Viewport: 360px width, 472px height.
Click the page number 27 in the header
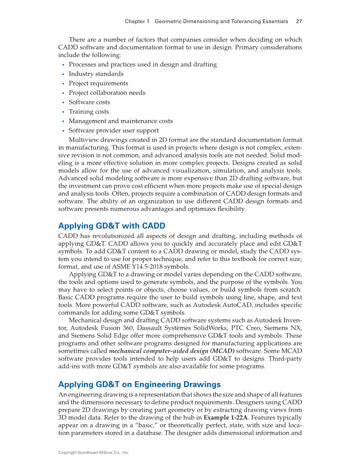tap(299, 21)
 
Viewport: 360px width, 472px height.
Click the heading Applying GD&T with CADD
tap(112, 225)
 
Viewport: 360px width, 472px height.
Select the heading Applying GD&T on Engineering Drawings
tap(139, 385)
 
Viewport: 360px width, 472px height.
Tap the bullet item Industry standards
tap(90, 74)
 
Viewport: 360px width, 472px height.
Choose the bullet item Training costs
tap(89, 112)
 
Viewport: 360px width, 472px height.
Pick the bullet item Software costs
tap(89, 102)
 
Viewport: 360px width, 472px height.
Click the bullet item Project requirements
tap(98, 83)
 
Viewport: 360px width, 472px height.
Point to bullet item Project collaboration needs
tap(107, 93)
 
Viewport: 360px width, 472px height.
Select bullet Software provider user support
tap(114, 130)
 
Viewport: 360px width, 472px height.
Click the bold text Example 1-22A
tap(225, 417)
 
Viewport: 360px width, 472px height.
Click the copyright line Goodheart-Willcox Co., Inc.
tap(93, 453)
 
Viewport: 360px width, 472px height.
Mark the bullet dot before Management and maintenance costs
tap(63, 121)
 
